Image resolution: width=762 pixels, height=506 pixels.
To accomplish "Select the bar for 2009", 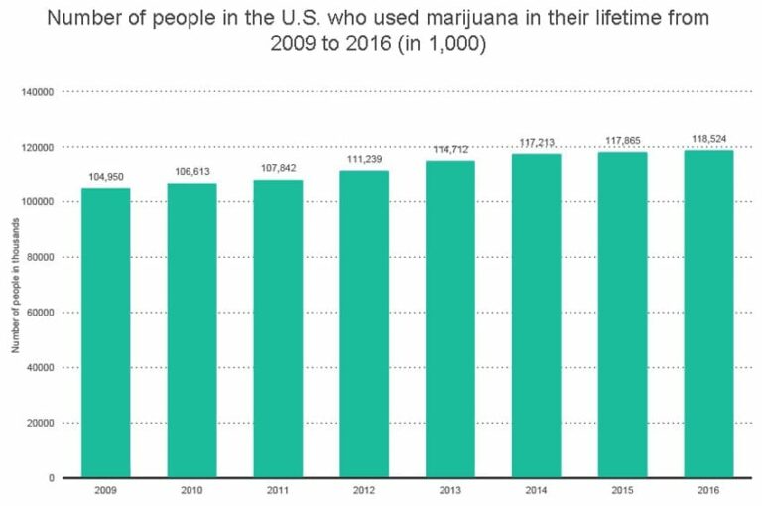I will click(x=105, y=332).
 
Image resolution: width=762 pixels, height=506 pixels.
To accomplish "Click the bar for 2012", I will click(x=364, y=323).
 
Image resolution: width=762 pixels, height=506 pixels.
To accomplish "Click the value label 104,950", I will click(x=105, y=178).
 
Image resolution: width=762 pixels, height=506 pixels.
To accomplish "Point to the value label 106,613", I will click(x=191, y=173).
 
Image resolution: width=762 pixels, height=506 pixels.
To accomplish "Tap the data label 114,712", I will click(x=449, y=150).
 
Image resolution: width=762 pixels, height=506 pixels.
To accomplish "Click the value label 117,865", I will click(x=622, y=142).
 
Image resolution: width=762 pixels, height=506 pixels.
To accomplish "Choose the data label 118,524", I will click(x=708, y=140).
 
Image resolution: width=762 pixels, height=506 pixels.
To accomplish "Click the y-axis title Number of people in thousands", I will click(x=16, y=286).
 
